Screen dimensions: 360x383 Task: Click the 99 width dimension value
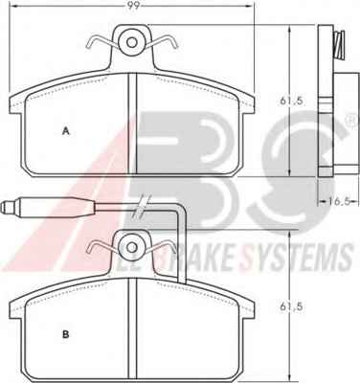click(134, 6)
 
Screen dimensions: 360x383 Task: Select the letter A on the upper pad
click(66, 131)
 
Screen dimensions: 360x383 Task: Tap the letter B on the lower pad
click(66, 334)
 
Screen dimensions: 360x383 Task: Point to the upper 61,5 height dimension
click(291, 101)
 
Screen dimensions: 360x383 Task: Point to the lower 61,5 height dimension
click(291, 306)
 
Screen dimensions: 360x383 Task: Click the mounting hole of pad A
click(131, 42)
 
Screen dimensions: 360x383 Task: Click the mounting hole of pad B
click(131, 247)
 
